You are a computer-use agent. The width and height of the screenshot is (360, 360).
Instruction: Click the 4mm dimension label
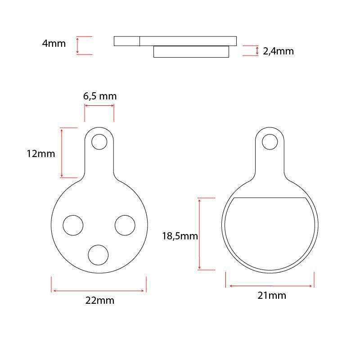point(54,44)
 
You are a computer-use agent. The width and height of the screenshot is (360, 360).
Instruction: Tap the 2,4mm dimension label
point(278,51)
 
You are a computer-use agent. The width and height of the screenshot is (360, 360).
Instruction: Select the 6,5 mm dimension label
point(100,96)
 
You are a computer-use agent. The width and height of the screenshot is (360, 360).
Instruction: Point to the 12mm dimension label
point(41,153)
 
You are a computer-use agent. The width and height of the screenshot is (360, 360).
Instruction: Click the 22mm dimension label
point(100,300)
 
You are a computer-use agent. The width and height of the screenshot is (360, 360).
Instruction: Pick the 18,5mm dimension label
point(180,236)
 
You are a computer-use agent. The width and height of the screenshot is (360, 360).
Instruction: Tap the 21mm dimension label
point(272,296)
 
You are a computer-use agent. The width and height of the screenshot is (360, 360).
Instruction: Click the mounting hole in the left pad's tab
point(99,142)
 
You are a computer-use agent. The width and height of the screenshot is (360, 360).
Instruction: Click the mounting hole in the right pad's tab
point(270,142)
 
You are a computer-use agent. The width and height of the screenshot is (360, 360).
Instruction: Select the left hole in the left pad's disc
point(73,225)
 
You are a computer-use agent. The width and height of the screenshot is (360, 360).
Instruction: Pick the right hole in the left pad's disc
point(125,225)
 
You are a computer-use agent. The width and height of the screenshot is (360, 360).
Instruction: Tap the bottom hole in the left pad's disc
point(98,255)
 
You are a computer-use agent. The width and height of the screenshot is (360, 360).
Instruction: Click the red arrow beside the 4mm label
point(77,45)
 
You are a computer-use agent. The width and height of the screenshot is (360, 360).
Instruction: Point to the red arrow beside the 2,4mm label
point(257,50)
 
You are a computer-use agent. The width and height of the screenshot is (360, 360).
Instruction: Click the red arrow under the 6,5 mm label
point(99,106)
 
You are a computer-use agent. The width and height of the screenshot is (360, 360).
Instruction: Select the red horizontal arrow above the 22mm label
point(99,291)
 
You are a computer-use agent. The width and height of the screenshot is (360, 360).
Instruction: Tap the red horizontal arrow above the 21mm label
point(271,286)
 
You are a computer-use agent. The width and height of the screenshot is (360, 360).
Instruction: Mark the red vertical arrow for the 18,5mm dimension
point(199,234)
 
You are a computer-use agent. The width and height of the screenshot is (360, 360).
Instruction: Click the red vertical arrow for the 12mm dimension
point(62,153)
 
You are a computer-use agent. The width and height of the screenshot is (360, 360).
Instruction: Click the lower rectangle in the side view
point(191,52)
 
